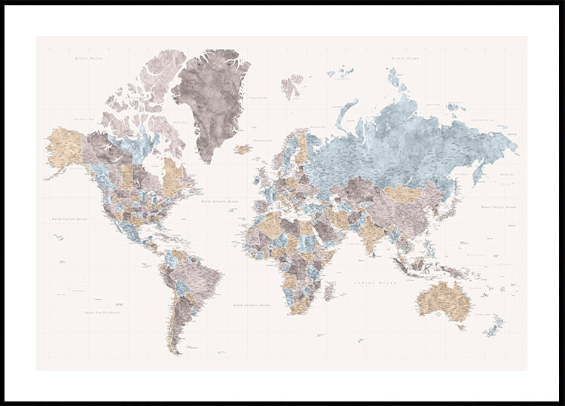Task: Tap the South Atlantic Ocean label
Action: [x=251, y=305]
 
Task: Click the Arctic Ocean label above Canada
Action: [x=88, y=57]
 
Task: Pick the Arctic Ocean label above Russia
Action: [x=405, y=57]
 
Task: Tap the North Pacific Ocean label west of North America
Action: [x=69, y=218]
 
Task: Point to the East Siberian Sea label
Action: [x=481, y=119]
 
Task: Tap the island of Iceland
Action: [x=243, y=149]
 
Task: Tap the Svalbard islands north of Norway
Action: [x=292, y=85]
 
